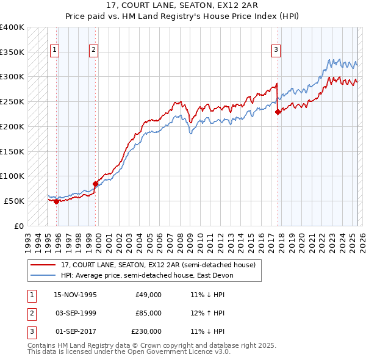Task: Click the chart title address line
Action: [182, 5]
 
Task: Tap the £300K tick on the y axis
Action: [12, 77]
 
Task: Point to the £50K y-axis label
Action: [14, 201]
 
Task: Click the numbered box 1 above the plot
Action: [55, 50]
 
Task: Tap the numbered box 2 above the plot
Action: [93, 50]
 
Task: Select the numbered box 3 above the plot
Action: [276, 50]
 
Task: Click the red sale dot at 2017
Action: [278, 112]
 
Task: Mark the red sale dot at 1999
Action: [95, 184]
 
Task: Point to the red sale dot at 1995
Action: [56, 201]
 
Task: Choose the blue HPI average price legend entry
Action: [147, 275]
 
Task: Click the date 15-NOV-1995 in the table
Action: [75, 295]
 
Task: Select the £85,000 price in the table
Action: [148, 313]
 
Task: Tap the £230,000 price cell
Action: [146, 331]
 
